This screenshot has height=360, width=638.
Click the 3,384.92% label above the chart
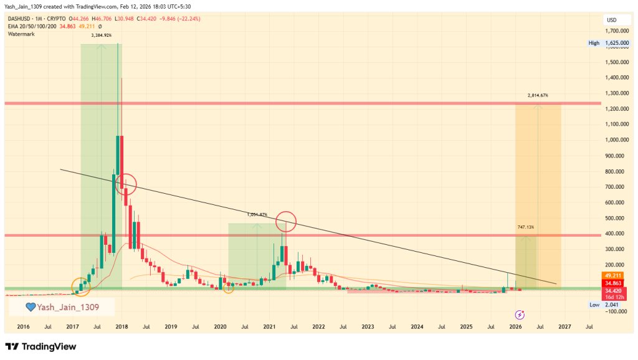tap(101, 36)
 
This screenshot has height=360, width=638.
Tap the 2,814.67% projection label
tap(538, 95)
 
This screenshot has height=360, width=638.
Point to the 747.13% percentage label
tap(525, 227)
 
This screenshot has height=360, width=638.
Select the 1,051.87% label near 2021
tap(257, 215)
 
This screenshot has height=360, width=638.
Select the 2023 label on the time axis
tap(368, 326)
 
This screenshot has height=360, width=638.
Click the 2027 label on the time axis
tap(564, 326)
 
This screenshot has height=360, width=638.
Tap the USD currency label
tap(611, 21)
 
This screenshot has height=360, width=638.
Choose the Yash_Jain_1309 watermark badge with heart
tap(62, 306)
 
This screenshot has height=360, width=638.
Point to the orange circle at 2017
tap(81, 287)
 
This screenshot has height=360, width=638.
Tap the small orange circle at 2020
tap(229, 288)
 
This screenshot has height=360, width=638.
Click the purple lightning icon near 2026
tap(520, 315)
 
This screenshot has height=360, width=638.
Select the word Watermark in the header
tap(22, 34)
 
